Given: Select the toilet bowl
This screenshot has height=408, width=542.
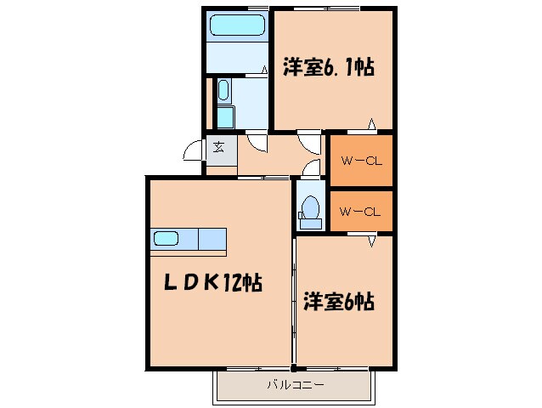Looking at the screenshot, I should click(x=310, y=208).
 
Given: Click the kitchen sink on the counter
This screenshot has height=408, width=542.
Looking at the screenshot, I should click(x=167, y=239).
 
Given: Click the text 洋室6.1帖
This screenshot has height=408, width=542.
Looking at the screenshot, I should click(x=328, y=65).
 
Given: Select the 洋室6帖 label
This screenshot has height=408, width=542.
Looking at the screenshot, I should click(x=340, y=301).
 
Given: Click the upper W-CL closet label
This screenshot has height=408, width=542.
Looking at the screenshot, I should click(x=359, y=161).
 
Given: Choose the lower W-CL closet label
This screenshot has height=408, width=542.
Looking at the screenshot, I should click(x=359, y=212).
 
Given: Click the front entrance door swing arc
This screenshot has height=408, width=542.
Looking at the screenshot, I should click(x=195, y=152).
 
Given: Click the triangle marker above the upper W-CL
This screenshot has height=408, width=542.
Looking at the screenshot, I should click(x=371, y=127).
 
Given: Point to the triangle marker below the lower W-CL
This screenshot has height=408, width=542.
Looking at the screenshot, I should click(x=371, y=242).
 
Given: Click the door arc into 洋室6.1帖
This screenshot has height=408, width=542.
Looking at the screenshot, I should click(x=308, y=140).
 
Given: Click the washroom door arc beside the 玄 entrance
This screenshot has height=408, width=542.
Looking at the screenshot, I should click(x=257, y=141).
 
